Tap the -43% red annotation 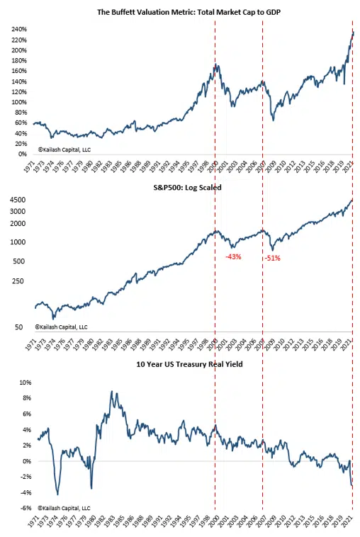(233, 256)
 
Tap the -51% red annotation (272, 258)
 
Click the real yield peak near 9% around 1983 (111, 392)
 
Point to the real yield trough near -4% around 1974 (57, 494)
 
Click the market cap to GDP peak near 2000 (215, 66)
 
